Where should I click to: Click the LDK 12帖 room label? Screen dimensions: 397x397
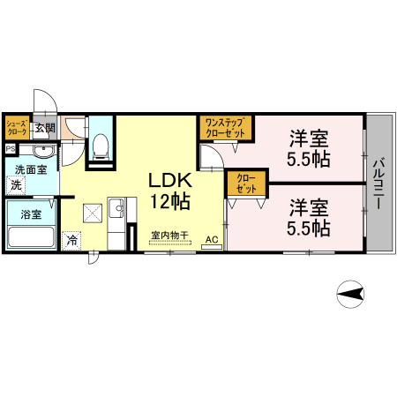tap(169, 188)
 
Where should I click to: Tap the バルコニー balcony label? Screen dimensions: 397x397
tap(377, 184)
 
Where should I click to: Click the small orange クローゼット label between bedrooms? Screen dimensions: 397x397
tap(246, 184)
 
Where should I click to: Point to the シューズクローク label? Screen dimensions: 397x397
tap(18, 127)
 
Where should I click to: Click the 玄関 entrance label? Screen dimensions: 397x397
tap(44, 127)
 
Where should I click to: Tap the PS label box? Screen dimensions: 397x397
tap(9, 148)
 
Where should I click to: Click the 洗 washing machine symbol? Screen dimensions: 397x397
tap(16, 185)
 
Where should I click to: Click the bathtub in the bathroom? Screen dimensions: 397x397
tap(32, 236)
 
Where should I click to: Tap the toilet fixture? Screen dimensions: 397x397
tap(100, 145)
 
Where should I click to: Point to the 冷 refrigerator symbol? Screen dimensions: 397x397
tap(71, 238)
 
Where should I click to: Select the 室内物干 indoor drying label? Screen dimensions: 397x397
tap(167, 236)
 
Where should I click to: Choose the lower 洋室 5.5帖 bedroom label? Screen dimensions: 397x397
tap(309, 218)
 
